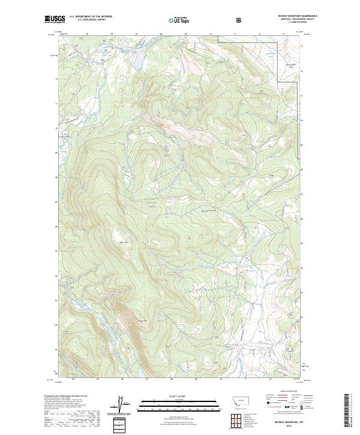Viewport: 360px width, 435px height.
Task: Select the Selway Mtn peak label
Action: (125, 320)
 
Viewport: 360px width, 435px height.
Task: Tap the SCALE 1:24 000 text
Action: (174, 397)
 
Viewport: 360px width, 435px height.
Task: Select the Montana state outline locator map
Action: (239, 398)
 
